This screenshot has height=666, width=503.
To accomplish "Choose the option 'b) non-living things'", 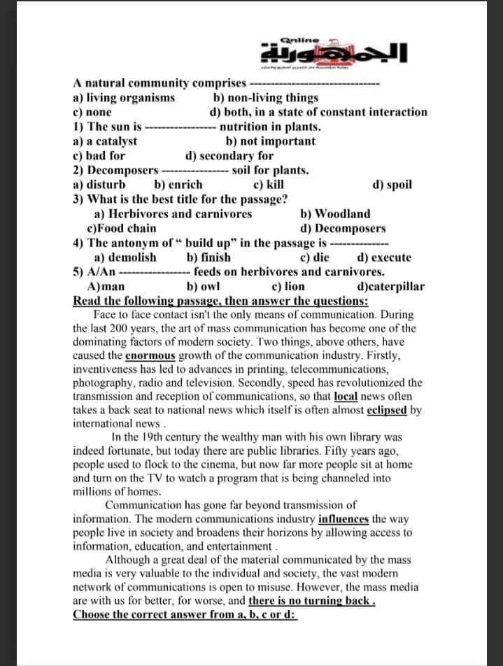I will (x=265, y=98).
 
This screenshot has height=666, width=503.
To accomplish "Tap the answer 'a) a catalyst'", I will (x=105, y=141).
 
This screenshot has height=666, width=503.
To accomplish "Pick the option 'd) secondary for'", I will (x=229, y=156).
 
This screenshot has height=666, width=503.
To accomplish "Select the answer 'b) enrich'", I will (x=178, y=185).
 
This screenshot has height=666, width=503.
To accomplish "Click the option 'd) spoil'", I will (x=392, y=185).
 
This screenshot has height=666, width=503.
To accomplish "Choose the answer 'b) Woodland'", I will (x=335, y=214).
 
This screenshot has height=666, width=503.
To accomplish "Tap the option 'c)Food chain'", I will (x=122, y=228).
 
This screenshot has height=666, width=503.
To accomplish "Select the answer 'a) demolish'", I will (x=125, y=257).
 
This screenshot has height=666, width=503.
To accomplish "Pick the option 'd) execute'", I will (x=384, y=257).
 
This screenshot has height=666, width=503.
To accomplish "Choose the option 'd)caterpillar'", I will (x=390, y=286).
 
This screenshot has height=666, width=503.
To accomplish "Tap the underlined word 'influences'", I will (x=343, y=519).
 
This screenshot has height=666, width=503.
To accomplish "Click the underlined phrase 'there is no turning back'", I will (x=311, y=601).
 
